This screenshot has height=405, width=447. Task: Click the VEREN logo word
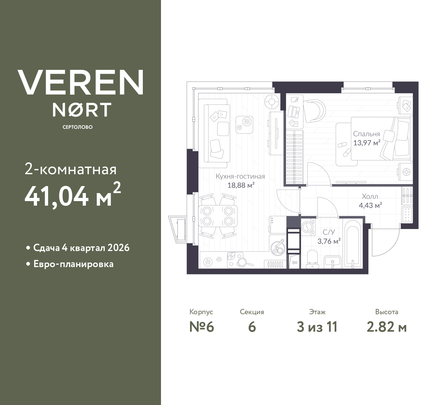tap(81, 82)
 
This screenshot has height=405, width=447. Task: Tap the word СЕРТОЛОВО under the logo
tap(78, 127)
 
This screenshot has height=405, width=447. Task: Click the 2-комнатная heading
tap(71, 170)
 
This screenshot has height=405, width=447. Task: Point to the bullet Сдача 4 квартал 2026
tap(81, 248)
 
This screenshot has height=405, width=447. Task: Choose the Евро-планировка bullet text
tap(73, 264)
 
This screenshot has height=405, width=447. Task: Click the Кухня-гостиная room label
tap(240, 176)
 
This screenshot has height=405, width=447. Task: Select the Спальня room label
tap(366, 134)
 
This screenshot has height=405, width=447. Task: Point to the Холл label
tap(370, 197)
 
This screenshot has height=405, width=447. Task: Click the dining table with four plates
tap(218, 216)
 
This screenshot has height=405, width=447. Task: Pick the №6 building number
tap(201, 327)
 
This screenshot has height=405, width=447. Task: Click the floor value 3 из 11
tap(317, 327)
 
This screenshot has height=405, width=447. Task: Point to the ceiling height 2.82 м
tap(387, 327)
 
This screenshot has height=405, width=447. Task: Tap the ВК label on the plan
tap(295, 263)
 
